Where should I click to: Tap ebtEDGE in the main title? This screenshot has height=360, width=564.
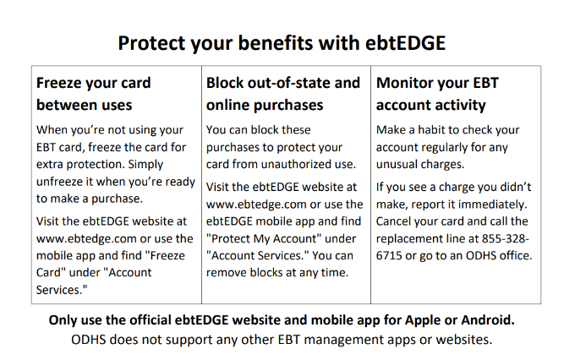[405, 43]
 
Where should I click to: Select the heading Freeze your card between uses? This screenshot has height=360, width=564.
[94, 94]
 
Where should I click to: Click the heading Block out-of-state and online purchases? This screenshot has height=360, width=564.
[283, 94]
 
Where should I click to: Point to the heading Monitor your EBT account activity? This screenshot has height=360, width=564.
[437, 94]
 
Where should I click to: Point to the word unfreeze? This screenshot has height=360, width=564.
[59, 182]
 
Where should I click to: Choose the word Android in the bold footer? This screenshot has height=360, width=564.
[488, 319]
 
